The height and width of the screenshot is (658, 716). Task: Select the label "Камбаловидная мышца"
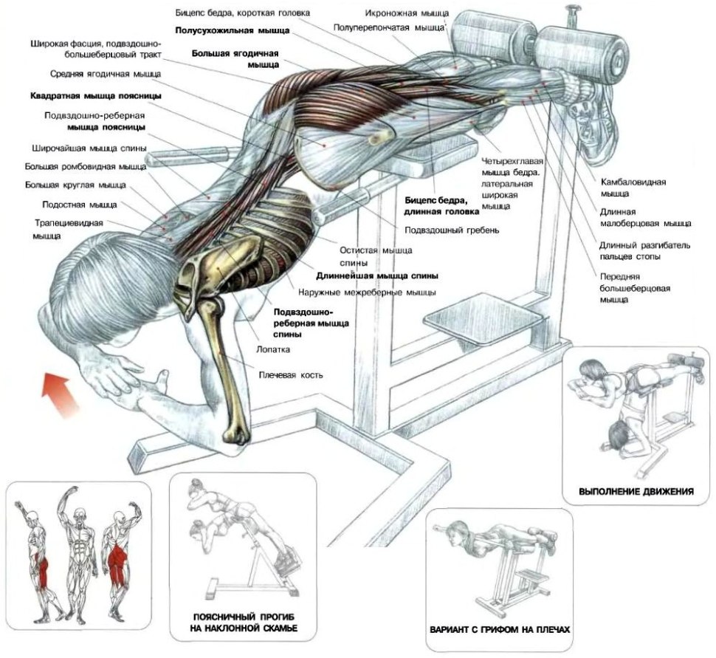coord(633,187)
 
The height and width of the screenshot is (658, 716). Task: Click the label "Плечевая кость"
coord(290,374)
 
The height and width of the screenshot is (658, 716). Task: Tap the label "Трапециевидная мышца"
coord(66,228)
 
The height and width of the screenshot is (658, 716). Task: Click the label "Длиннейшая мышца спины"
coord(377,275)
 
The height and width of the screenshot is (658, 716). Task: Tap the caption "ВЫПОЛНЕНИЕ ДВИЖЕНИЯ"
coord(636,491)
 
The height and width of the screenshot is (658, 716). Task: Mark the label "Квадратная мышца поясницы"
coord(97,96)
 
